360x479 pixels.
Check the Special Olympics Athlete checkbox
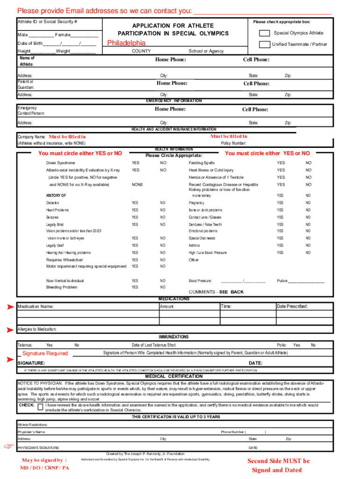pyautogui.click(x=265, y=33)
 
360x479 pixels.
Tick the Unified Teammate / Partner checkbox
pyautogui.click(x=265, y=44)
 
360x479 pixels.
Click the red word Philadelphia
pyautogui.click(x=126, y=44)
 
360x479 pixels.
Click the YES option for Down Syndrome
pyautogui.click(x=135, y=163)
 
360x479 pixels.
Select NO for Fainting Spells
pyautogui.click(x=308, y=163)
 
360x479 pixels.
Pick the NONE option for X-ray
pyautogui.click(x=137, y=185)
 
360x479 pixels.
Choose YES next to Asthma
pyautogui.click(x=280, y=246)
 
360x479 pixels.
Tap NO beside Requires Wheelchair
pyautogui.click(x=163, y=260)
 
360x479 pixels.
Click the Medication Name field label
pyautogui.click(x=36, y=307)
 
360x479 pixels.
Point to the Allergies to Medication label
pyautogui.click(x=37, y=329)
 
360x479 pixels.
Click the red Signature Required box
pyautogui.click(x=45, y=354)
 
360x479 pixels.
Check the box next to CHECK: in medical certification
pyautogui.click(x=40, y=407)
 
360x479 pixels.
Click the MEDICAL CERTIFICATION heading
pyautogui.click(x=173, y=376)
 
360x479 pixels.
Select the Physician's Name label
pyautogui.click(x=31, y=432)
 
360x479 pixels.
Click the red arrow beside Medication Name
pyautogui.click(x=10, y=307)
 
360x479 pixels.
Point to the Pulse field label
pyautogui.click(x=282, y=281)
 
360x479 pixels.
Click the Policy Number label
pyautogui.click(x=233, y=143)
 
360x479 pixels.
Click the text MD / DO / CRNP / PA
pyautogui.click(x=45, y=468)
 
